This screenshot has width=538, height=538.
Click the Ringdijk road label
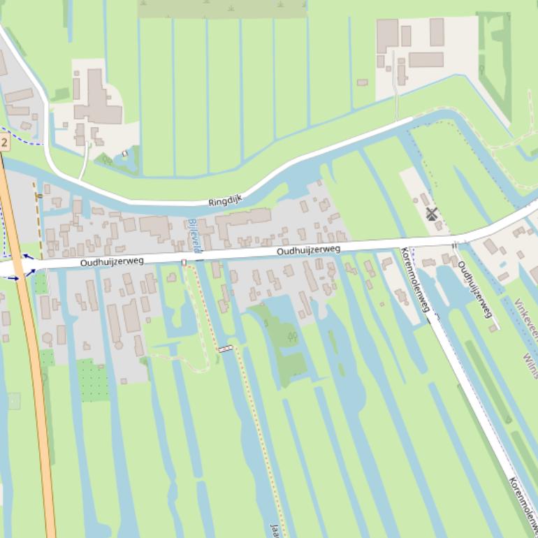[224, 201]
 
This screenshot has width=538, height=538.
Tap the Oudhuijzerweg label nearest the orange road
[112, 261]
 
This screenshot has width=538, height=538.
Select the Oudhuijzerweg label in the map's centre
[308, 250]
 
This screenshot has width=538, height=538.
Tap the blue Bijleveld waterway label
[194, 235]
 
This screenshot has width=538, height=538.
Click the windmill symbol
[431, 214]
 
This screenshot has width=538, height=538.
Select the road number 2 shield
[4, 143]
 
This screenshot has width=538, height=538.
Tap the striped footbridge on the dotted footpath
[225, 348]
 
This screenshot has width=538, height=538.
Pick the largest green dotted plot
[93, 379]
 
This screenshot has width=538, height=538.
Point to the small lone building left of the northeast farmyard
[362, 82]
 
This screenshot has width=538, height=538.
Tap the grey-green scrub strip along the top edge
[222, 8]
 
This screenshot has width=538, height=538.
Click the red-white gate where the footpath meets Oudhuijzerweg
[184, 263]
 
